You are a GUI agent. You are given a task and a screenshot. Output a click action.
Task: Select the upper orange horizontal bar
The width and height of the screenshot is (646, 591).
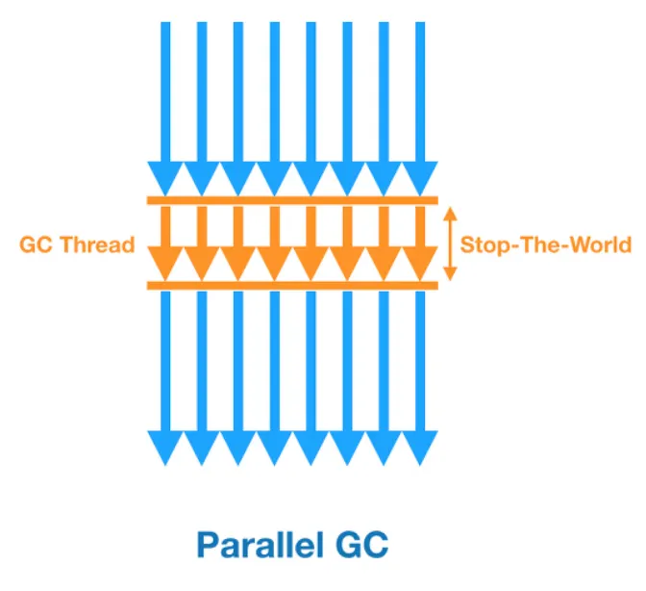pyautogui.click(x=292, y=200)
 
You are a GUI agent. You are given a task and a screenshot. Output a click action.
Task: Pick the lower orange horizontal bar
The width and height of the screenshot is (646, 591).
pyautogui.click(x=292, y=285)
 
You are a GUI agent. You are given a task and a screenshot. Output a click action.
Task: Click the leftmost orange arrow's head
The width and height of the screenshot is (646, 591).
pyautogui.click(x=164, y=261)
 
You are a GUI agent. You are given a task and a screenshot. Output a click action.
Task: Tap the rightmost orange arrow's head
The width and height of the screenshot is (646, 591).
pyautogui.click(x=419, y=261)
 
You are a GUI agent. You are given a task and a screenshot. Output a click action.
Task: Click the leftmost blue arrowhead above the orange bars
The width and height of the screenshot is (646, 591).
pyautogui.click(x=164, y=177)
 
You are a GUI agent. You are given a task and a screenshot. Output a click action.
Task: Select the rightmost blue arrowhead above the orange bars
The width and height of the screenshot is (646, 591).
pyautogui.click(x=419, y=177)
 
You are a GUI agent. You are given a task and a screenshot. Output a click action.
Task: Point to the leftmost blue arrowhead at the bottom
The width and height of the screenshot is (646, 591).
pyautogui.click(x=164, y=448)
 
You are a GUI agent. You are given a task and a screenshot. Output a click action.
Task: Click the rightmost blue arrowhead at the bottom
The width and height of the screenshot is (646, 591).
pyautogui.click(x=419, y=448)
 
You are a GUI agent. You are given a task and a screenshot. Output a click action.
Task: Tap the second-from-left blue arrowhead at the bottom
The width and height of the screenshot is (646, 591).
pyautogui.click(x=201, y=448)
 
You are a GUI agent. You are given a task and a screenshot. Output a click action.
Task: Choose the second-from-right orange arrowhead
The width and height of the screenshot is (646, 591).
pyautogui.click(x=383, y=261)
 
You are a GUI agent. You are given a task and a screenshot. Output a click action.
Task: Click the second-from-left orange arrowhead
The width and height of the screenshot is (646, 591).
pyautogui.click(x=201, y=261)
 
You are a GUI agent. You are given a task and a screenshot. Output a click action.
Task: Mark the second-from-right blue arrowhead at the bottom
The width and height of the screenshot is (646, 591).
pyautogui.click(x=383, y=448)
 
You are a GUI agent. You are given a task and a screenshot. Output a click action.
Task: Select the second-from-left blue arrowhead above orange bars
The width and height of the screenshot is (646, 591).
pyautogui.click(x=201, y=177)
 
